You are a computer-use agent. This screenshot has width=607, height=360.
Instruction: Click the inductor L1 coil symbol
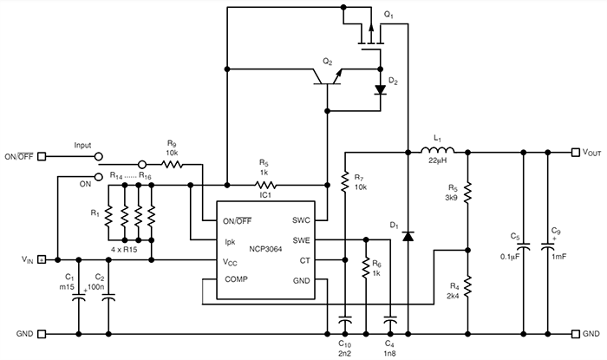437,154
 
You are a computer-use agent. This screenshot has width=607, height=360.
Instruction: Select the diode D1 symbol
408,234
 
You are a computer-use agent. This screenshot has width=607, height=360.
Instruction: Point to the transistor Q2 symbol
328,79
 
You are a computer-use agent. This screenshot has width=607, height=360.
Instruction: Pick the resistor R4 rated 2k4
468,284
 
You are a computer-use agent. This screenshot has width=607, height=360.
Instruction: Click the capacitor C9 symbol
548,246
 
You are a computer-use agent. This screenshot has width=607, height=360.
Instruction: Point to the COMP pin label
237,281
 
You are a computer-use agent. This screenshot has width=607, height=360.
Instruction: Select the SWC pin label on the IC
301,219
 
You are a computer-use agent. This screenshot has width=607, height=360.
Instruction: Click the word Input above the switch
82,146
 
